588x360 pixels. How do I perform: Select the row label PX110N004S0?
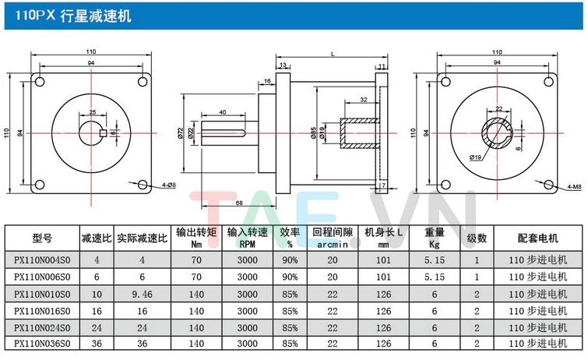point(43,259)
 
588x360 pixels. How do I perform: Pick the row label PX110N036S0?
point(43,343)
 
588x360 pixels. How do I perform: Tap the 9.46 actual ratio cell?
point(142,293)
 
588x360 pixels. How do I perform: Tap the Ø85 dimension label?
point(313,133)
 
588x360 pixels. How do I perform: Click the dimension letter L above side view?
point(333,55)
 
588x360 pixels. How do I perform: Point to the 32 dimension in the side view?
point(364,100)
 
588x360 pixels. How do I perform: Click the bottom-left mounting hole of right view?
point(445,185)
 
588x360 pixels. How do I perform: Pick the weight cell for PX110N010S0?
point(435,293)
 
